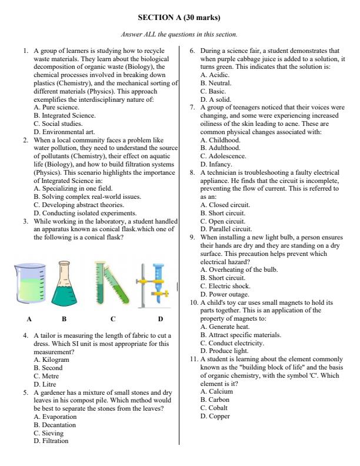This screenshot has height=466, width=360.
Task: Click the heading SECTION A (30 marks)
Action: point(180,18)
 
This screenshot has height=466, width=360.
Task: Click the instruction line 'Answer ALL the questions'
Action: point(180,35)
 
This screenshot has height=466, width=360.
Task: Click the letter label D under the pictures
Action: point(160,319)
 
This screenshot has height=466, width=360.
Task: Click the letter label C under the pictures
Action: point(112,319)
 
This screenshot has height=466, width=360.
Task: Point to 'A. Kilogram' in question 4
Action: point(52,359)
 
